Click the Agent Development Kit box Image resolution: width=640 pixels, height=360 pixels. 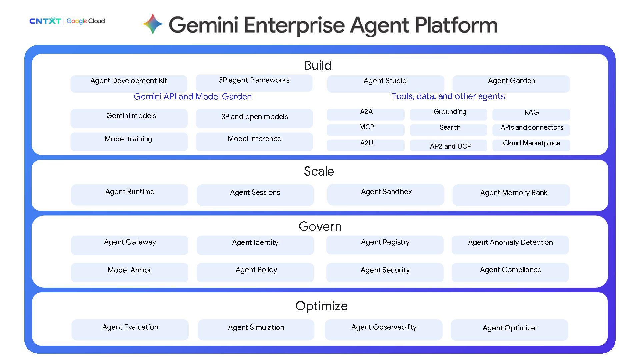(129, 84)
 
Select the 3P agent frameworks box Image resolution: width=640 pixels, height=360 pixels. (254, 83)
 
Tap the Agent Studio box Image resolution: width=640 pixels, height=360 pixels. (386, 84)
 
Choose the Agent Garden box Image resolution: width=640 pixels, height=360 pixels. (511, 84)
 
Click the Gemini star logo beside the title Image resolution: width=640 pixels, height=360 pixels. (153, 24)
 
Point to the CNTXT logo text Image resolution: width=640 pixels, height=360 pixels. (45, 21)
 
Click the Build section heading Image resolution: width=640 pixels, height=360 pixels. (318, 65)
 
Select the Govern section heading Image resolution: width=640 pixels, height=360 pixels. (320, 226)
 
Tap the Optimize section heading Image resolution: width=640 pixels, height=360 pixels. (321, 306)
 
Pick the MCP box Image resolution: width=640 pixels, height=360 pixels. (366, 130)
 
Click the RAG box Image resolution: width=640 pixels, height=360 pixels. (531, 114)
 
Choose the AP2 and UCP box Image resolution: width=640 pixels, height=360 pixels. (448, 145)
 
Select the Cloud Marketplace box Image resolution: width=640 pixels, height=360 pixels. (531, 145)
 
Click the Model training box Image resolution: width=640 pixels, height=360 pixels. (129, 142)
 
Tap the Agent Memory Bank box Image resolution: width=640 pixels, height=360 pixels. (511, 195)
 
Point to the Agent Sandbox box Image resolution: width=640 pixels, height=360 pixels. (386, 195)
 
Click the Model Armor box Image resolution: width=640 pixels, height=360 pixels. (129, 273)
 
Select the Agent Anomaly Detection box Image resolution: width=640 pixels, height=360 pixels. (510, 245)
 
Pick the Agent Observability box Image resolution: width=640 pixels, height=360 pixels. (384, 330)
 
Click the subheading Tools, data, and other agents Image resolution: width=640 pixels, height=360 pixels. (448, 96)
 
